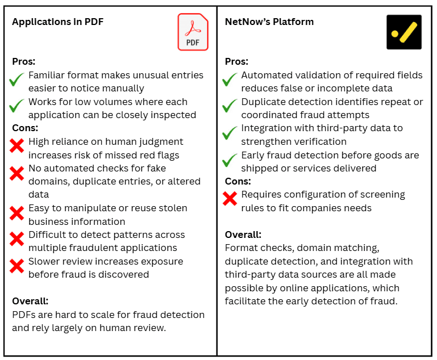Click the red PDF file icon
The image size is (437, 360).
tap(193, 32)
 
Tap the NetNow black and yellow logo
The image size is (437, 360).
tap(403, 32)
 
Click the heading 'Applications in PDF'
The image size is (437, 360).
tap(58, 22)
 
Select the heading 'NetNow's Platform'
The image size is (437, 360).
tap(269, 22)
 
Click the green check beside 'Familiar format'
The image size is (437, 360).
tap(17, 81)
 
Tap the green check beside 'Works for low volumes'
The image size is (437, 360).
tap(17, 106)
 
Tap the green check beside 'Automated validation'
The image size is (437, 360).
tap(230, 80)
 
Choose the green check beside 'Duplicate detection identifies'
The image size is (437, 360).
tap(230, 106)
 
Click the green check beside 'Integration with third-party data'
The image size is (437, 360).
tap(230, 133)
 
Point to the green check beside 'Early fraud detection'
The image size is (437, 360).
tap(230, 160)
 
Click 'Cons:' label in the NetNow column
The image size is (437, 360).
tap(238, 181)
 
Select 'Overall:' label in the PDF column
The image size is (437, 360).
tap(30, 302)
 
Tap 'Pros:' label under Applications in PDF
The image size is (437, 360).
tap(23, 61)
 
